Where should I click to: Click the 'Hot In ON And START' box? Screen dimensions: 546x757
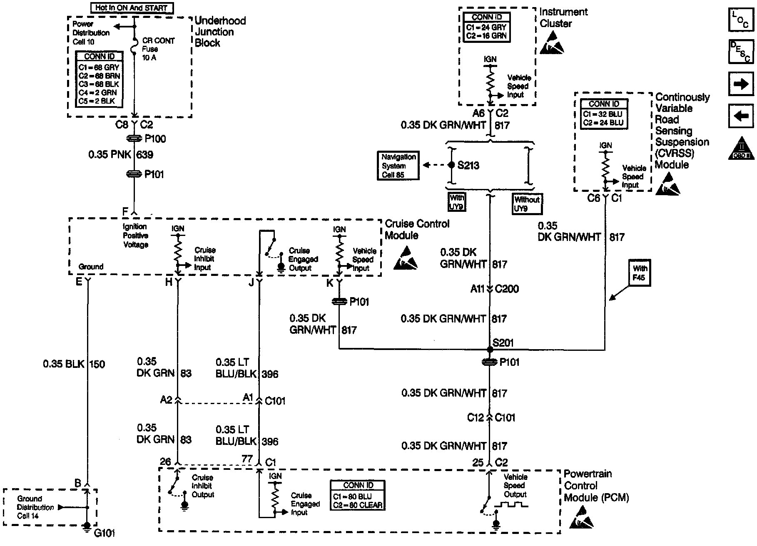coord(131,8)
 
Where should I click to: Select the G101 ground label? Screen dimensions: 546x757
coord(105,533)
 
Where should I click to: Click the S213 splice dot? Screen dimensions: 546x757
coord(451,165)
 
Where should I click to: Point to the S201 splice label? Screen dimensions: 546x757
coord(503,343)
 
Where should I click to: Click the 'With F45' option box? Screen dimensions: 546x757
coord(639,273)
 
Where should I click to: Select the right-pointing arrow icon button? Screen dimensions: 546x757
coord(741,84)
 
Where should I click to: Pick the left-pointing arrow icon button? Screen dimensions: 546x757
coord(741,116)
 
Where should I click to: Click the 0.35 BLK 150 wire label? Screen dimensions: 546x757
coord(74,364)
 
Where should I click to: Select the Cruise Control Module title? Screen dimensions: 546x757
coord(417,229)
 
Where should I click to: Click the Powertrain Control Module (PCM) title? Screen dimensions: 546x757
coord(596,486)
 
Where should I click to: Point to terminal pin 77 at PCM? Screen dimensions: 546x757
coord(247,459)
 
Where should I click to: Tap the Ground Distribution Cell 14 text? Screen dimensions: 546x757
coord(35,507)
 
